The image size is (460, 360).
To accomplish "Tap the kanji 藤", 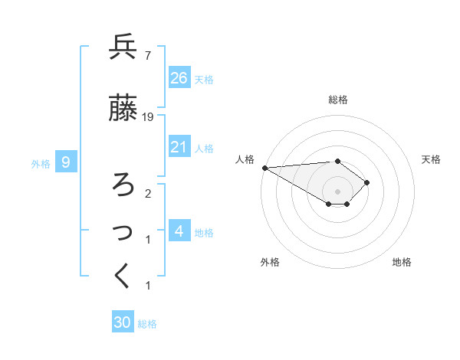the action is [123, 109].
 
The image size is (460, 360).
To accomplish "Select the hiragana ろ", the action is [123, 185].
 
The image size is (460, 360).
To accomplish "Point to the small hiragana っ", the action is [124, 232].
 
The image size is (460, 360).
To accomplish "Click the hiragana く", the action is [123, 277].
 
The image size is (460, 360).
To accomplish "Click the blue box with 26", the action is [179, 78].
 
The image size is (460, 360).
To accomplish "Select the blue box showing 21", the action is [179, 147].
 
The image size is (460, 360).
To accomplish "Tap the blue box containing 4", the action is [179, 231].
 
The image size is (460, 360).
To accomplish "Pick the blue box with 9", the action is [67, 162].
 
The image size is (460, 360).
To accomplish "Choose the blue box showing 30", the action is [123, 322].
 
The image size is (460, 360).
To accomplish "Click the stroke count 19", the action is [149, 117].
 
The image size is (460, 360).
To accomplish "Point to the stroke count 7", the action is [147, 55].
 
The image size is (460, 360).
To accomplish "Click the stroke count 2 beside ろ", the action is [147, 193].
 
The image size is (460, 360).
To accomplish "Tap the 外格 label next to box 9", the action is [41, 162].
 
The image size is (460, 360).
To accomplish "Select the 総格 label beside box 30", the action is [147, 323].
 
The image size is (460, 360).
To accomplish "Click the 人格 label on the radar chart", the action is [245, 159].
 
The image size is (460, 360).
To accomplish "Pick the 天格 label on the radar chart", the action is [432, 159].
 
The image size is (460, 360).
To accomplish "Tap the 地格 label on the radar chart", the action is [402, 262].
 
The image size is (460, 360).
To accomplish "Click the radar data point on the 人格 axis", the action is [264, 168].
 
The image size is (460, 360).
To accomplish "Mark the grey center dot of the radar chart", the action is [338, 191].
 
